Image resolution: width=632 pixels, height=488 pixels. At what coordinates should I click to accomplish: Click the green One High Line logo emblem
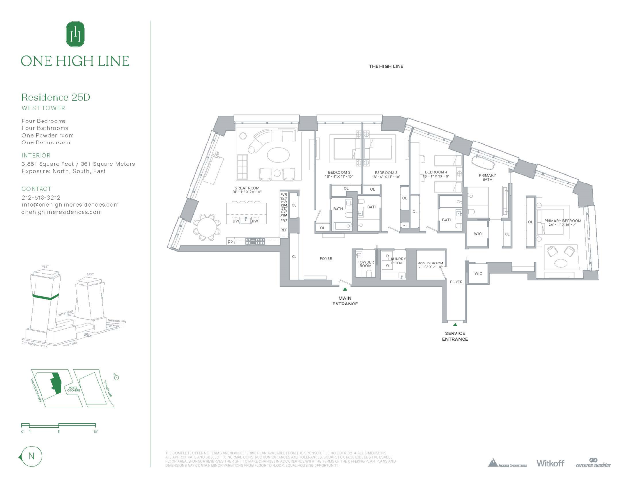click(x=75, y=34)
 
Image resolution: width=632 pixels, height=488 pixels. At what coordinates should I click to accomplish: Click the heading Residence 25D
click(x=56, y=97)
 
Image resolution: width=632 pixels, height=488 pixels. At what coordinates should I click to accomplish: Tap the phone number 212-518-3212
click(x=41, y=198)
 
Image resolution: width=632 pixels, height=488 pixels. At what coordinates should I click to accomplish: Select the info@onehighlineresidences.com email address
click(x=70, y=205)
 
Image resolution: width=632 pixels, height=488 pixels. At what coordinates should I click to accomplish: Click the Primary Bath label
click(x=487, y=177)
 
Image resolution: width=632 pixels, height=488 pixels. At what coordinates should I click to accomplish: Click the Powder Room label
click(x=365, y=264)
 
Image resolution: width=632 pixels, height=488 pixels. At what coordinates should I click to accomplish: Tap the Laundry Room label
click(x=397, y=261)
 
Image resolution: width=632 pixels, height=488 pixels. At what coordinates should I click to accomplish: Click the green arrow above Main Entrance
click(x=345, y=289)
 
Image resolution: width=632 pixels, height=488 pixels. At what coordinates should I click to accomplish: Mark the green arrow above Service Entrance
click(x=455, y=325)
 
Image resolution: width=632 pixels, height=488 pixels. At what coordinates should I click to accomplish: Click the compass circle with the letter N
click(x=31, y=457)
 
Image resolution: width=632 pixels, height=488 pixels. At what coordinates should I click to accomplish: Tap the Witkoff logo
click(x=550, y=463)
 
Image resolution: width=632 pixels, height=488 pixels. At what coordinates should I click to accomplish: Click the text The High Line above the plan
click(x=386, y=66)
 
